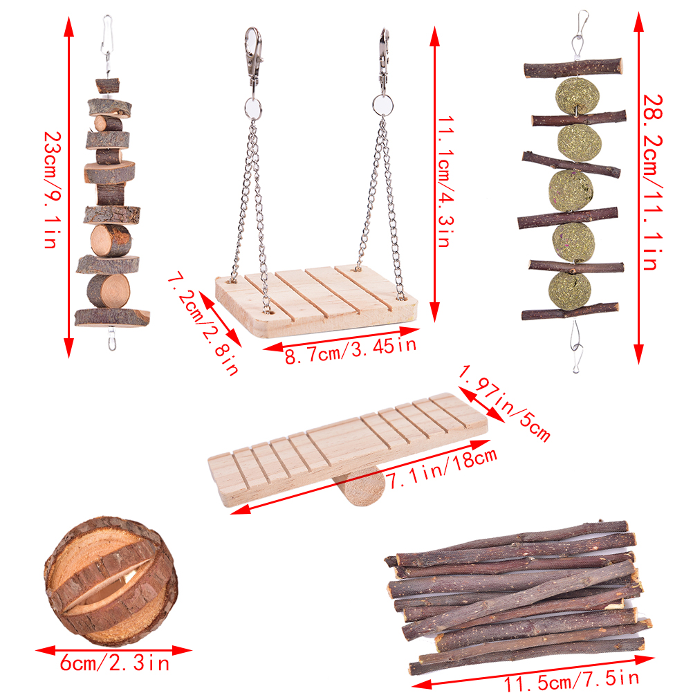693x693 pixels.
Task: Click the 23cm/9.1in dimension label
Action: pyautogui.click(x=53, y=190)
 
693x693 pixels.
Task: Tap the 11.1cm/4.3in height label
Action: pyautogui.click(x=445, y=181)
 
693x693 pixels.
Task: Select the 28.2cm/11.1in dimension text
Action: pyautogui.click(x=652, y=182)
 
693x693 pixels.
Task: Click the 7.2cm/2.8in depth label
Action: pyautogui.click(x=204, y=323)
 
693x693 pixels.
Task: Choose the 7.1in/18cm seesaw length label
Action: pyautogui.click(x=441, y=468)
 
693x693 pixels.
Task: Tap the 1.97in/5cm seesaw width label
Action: pyautogui.click(x=504, y=403)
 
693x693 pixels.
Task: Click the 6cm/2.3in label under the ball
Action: pyautogui.click(x=115, y=663)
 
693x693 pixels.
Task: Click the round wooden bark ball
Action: pyautogui.click(x=111, y=580)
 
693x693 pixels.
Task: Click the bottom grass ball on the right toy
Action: pyautogui.click(x=569, y=290)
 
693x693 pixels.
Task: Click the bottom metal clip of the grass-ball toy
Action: pyautogui.click(x=576, y=347)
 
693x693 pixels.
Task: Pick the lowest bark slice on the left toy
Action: pyautogui.click(x=112, y=317)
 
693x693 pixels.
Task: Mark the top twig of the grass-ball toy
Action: pyautogui.click(x=573, y=68)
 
